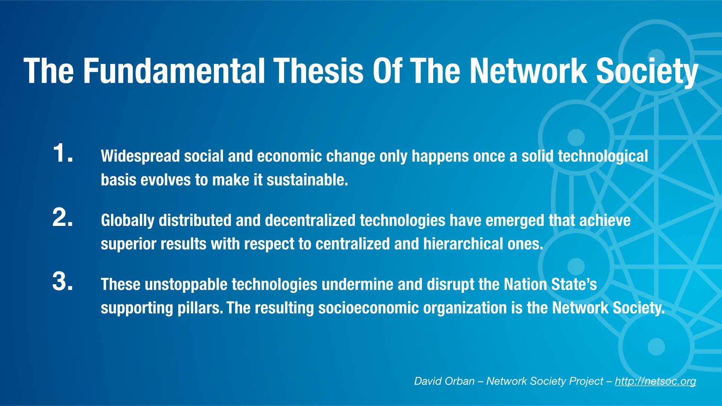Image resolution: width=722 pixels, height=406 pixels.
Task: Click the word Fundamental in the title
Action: (x=174, y=71)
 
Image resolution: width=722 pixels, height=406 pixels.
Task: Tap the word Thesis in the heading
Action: (x=319, y=71)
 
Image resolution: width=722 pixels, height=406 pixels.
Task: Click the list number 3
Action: (x=63, y=281)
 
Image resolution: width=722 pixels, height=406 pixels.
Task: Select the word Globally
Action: (x=127, y=221)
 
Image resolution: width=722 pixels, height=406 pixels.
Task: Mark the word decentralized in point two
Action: (x=310, y=220)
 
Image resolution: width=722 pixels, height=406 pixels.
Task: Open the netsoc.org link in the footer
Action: (x=655, y=381)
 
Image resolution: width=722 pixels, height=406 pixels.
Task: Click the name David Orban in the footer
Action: (x=444, y=381)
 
